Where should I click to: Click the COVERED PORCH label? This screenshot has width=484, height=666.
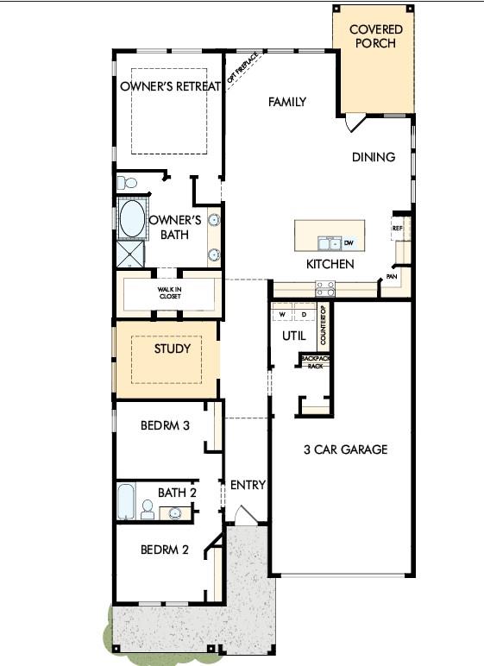pyautogui.click(x=375, y=36)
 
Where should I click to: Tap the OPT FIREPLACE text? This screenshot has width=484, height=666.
pyautogui.click(x=242, y=67)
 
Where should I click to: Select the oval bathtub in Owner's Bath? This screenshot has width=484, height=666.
pyautogui.click(x=132, y=219)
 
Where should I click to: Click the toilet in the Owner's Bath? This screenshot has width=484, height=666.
pyautogui.click(x=127, y=183)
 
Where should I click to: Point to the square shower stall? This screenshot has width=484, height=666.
pyautogui.click(x=130, y=254)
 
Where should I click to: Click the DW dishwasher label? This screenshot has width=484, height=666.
pyautogui.click(x=349, y=243)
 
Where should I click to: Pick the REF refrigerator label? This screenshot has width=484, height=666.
pyautogui.click(x=397, y=228)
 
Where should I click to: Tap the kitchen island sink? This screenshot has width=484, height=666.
pyautogui.click(x=330, y=244)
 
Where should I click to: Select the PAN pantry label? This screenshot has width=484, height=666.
pyautogui.click(x=392, y=277)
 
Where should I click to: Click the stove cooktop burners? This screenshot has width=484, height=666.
pyautogui.click(x=325, y=289)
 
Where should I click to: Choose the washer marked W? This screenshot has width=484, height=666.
pyautogui.click(x=282, y=315)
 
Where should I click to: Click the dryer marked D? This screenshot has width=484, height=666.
pyautogui.click(x=304, y=315)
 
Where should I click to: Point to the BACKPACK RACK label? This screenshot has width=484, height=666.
pyautogui.click(x=315, y=362)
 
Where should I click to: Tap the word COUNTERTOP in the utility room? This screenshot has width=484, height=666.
pyautogui.click(x=323, y=325)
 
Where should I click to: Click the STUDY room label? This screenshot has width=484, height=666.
pyautogui.click(x=172, y=349)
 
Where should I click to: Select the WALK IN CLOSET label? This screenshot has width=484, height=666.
pyautogui.click(x=170, y=293)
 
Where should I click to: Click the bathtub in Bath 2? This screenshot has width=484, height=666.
pyautogui.click(x=126, y=501)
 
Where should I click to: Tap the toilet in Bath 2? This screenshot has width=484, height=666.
pyautogui.click(x=147, y=509)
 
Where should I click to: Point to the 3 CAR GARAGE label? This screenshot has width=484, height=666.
pyautogui.click(x=345, y=449)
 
